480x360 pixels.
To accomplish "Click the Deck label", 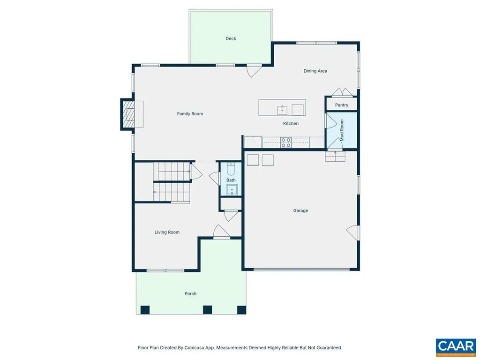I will coord(231,38).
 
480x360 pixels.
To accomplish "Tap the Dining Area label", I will coord(315,71).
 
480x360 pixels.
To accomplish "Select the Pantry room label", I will coord(342,105).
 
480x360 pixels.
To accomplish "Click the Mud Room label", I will coord(342,130).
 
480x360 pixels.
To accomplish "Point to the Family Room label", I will coord(190,113).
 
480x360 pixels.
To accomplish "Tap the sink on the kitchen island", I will coord(283,110).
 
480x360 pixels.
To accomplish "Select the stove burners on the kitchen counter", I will coord(285,142).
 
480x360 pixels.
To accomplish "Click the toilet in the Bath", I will coord(231,170).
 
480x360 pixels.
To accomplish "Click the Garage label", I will coord(300,210).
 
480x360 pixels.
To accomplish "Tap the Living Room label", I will coord(167,232).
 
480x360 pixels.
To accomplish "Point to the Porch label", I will coord(190,293).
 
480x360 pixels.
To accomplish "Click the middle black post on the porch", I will coord(207,309).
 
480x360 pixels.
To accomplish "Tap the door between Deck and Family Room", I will coord(253,70).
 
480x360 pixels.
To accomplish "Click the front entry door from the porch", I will coord(221,232).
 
